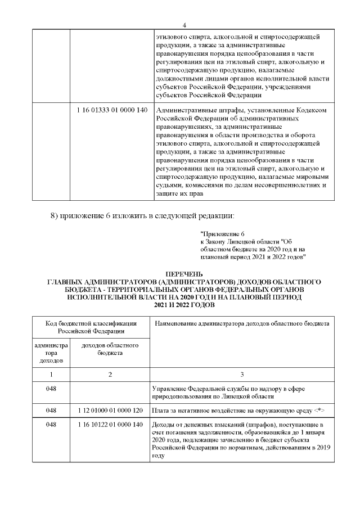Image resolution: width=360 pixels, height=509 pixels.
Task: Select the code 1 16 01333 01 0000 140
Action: (x=111, y=110)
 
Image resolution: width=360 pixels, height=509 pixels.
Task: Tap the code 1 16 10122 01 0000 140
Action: (x=110, y=425)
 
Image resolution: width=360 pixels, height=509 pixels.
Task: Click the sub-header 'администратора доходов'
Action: (x=51, y=352)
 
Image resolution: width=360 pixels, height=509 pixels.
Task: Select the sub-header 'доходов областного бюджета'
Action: (x=110, y=349)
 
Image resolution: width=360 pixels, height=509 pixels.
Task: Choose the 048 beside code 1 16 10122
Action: (x=51, y=425)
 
